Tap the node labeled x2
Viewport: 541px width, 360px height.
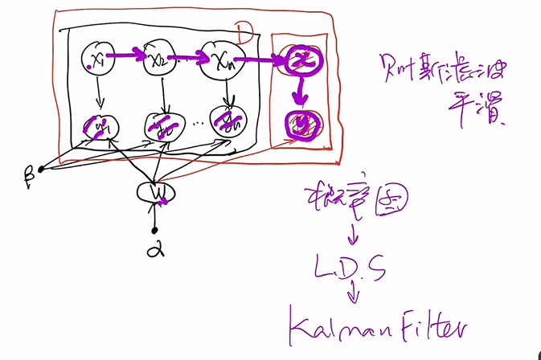(x=159, y=60)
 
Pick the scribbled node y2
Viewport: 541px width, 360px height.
(x=164, y=125)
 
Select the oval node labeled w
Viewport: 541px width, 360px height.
(x=154, y=193)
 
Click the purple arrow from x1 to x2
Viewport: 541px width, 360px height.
(x=129, y=58)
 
